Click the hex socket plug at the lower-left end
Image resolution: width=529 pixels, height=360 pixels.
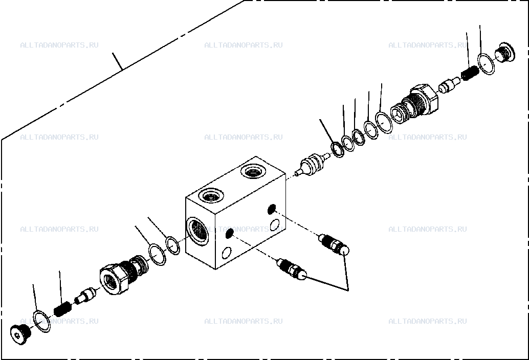click(20, 334)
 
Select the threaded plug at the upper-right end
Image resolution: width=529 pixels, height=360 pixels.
click(505, 52)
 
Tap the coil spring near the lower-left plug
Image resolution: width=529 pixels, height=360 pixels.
click(63, 309)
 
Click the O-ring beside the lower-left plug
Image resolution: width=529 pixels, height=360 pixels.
click(42, 321)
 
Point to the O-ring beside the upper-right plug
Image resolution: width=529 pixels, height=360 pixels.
click(486, 64)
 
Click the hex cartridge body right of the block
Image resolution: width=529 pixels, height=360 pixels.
click(415, 103)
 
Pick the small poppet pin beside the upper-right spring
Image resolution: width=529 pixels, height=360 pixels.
click(449, 85)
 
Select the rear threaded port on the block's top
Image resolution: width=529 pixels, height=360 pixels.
click(253, 172)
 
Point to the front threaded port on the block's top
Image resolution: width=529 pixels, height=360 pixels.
click(211, 195)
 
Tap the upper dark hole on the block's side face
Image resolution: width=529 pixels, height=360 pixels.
click(271, 209)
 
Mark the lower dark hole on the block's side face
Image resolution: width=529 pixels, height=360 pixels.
click(229, 233)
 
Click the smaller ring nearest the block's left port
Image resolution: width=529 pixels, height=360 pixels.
click(173, 245)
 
